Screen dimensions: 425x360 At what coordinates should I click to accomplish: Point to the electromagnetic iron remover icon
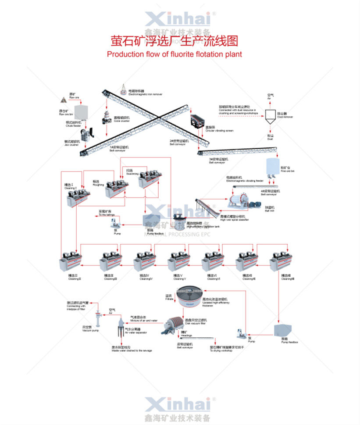click(x=124, y=89)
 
